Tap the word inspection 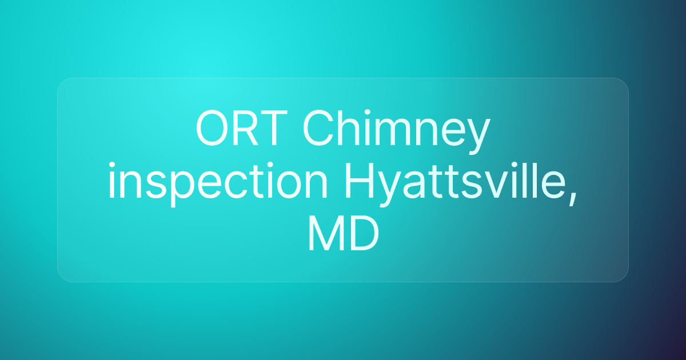218,183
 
